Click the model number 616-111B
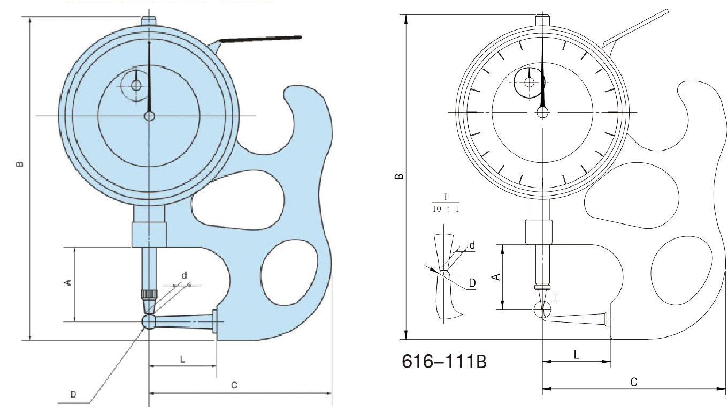(x=444, y=361)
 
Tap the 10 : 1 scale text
(x=446, y=209)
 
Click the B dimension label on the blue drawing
(x=20, y=164)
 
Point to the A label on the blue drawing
(x=68, y=282)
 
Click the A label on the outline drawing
(x=496, y=276)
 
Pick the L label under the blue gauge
(x=182, y=360)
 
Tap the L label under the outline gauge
(x=576, y=355)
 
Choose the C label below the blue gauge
(x=234, y=385)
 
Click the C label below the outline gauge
(x=634, y=382)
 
